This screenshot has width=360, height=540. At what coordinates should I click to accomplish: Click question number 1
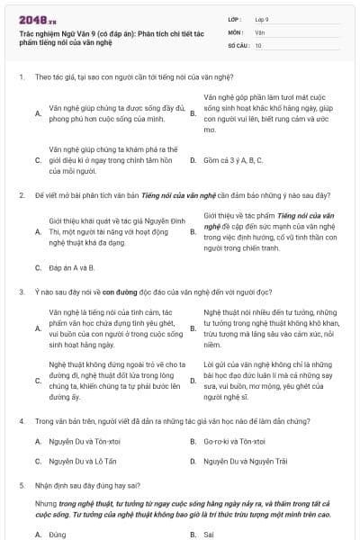[21, 77]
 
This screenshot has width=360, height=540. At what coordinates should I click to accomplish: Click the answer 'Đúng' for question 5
[57, 533]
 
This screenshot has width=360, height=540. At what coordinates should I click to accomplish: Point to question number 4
[21, 420]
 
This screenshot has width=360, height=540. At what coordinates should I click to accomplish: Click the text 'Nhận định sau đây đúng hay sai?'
[88, 484]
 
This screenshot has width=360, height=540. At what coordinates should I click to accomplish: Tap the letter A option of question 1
[37, 114]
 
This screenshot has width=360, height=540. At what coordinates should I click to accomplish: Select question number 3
[21, 292]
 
